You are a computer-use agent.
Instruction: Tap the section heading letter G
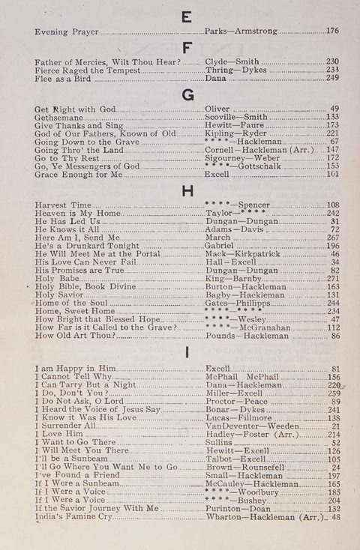pyautogui.click(x=187, y=94)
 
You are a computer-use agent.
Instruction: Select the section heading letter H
pyautogui.click(x=187, y=190)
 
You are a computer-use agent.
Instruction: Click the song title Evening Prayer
pyautogui.click(x=67, y=31)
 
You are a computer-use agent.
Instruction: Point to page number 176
pyautogui.click(x=333, y=31)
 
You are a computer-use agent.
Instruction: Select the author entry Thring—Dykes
pyautogui.click(x=233, y=70)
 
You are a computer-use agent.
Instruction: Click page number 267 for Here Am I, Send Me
pyautogui.click(x=333, y=238)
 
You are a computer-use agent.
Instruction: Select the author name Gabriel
pyautogui.click(x=219, y=246)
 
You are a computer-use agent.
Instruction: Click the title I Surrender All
pyautogui.click(x=65, y=426)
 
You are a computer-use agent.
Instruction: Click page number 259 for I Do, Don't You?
pyautogui.click(x=333, y=393)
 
